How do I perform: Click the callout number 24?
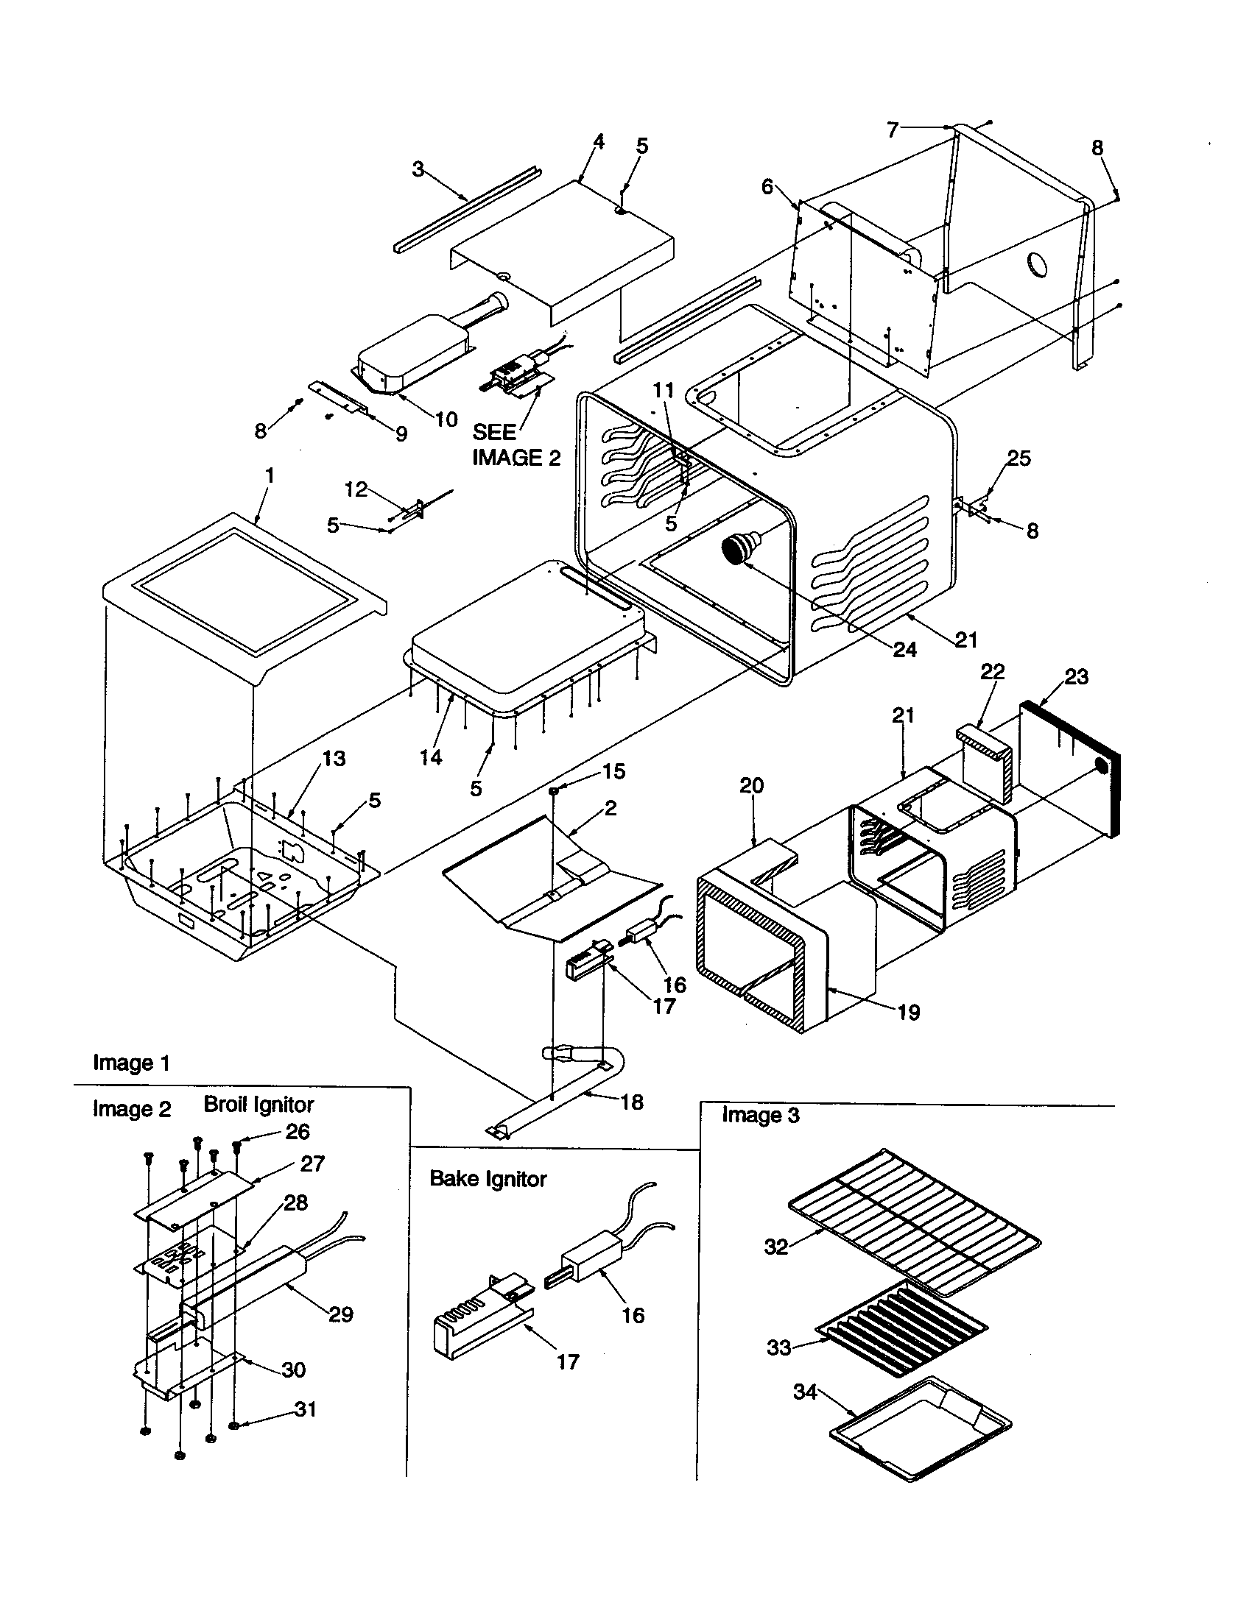(x=905, y=650)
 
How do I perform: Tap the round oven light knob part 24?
(x=736, y=550)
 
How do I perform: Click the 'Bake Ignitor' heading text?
(x=488, y=1180)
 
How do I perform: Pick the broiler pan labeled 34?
(x=920, y=1428)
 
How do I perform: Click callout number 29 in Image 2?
(x=340, y=1315)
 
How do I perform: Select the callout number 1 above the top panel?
(x=270, y=475)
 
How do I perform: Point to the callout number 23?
(x=1076, y=676)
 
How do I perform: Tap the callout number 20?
(x=751, y=786)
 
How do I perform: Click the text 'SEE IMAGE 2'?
(x=516, y=445)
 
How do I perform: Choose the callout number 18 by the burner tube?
(x=632, y=1102)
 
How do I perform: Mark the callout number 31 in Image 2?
(x=306, y=1409)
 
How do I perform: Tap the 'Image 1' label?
(x=131, y=1063)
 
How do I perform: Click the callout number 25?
(x=1018, y=459)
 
